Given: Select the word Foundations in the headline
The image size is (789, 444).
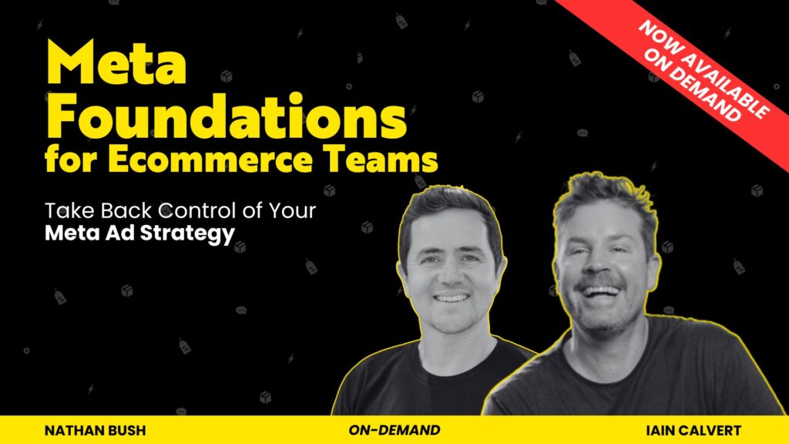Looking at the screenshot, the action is tap(227, 115).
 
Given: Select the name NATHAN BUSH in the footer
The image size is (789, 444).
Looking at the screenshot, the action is tap(95, 430).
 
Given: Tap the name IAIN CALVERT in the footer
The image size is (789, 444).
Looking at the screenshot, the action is tap(693, 430).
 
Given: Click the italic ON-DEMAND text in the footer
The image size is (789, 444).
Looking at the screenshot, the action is tap(394, 430).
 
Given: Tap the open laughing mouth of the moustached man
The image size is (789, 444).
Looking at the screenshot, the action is tap(599, 292).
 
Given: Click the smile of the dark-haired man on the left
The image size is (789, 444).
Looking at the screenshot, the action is tap(452, 298).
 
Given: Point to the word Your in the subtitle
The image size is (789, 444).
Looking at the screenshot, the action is tap(292, 210).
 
